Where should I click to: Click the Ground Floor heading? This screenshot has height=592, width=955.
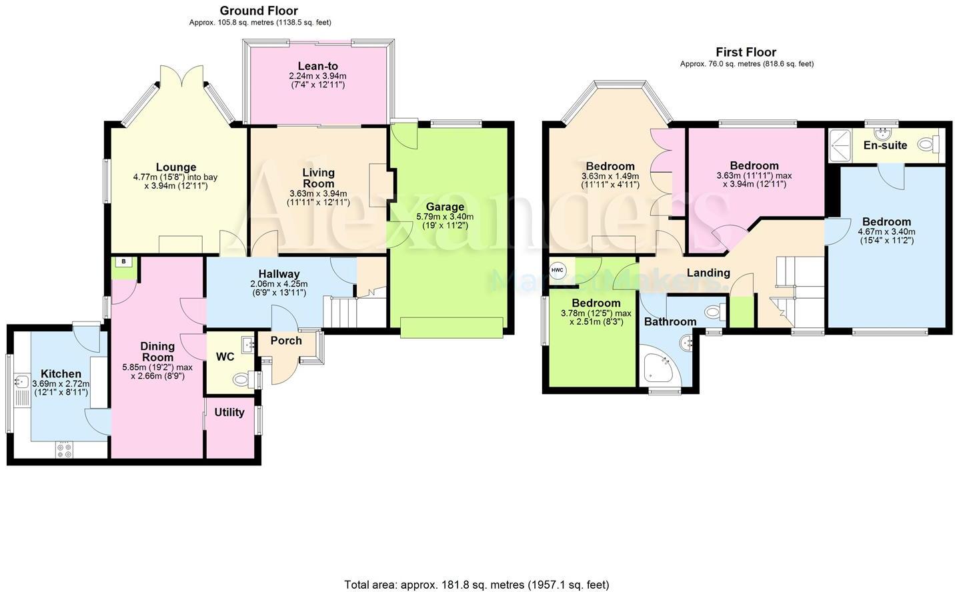259,11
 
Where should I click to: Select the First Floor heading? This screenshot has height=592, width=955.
746,52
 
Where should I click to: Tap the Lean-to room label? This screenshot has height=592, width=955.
317,66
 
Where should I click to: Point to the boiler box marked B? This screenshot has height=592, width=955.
123,262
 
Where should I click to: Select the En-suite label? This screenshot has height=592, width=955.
885,145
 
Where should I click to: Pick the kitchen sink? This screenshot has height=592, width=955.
20,383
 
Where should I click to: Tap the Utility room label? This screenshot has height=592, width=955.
229,412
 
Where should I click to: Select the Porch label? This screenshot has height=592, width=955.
286,340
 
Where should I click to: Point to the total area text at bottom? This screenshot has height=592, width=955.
476,585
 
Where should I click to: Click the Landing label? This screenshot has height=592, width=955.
708,272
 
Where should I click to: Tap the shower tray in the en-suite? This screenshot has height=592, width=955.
841,145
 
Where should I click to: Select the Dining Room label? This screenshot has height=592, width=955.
157,351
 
